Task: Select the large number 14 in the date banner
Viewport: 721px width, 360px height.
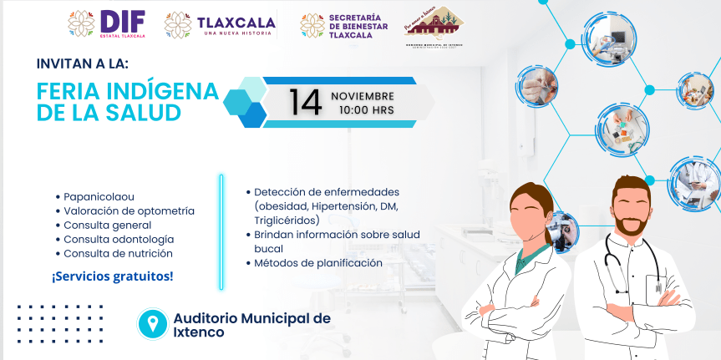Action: coord(305,102)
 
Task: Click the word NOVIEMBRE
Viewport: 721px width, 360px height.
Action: coord(363,94)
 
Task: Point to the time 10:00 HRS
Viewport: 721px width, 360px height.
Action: coord(366,109)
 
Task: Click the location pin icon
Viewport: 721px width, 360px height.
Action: coord(152,323)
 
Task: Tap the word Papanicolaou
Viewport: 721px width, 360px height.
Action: coord(98,197)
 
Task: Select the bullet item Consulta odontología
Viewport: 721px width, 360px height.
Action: coord(119,239)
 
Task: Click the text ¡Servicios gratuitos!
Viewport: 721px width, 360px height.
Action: coord(113,275)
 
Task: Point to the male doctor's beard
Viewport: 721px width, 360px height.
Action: coord(632,224)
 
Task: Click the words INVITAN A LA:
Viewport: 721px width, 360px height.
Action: coord(83,63)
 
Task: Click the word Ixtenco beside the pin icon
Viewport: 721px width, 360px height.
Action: coord(199,332)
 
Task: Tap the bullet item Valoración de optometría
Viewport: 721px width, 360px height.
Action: coord(129,211)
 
